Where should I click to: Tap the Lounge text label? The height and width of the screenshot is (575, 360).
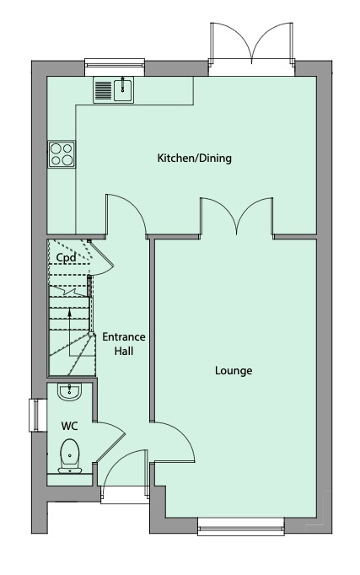(234, 370)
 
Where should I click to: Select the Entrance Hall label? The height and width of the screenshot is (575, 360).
(124, 343)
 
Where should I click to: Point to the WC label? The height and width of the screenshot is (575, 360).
(69, 425)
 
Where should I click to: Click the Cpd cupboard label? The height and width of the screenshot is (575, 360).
(67, 257)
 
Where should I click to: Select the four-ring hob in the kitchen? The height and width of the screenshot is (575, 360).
(62, 153)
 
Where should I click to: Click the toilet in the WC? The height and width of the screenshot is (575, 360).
(69, 455)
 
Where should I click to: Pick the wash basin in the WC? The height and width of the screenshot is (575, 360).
(69, 391)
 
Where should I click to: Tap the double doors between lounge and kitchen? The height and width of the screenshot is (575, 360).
(237, 216)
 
